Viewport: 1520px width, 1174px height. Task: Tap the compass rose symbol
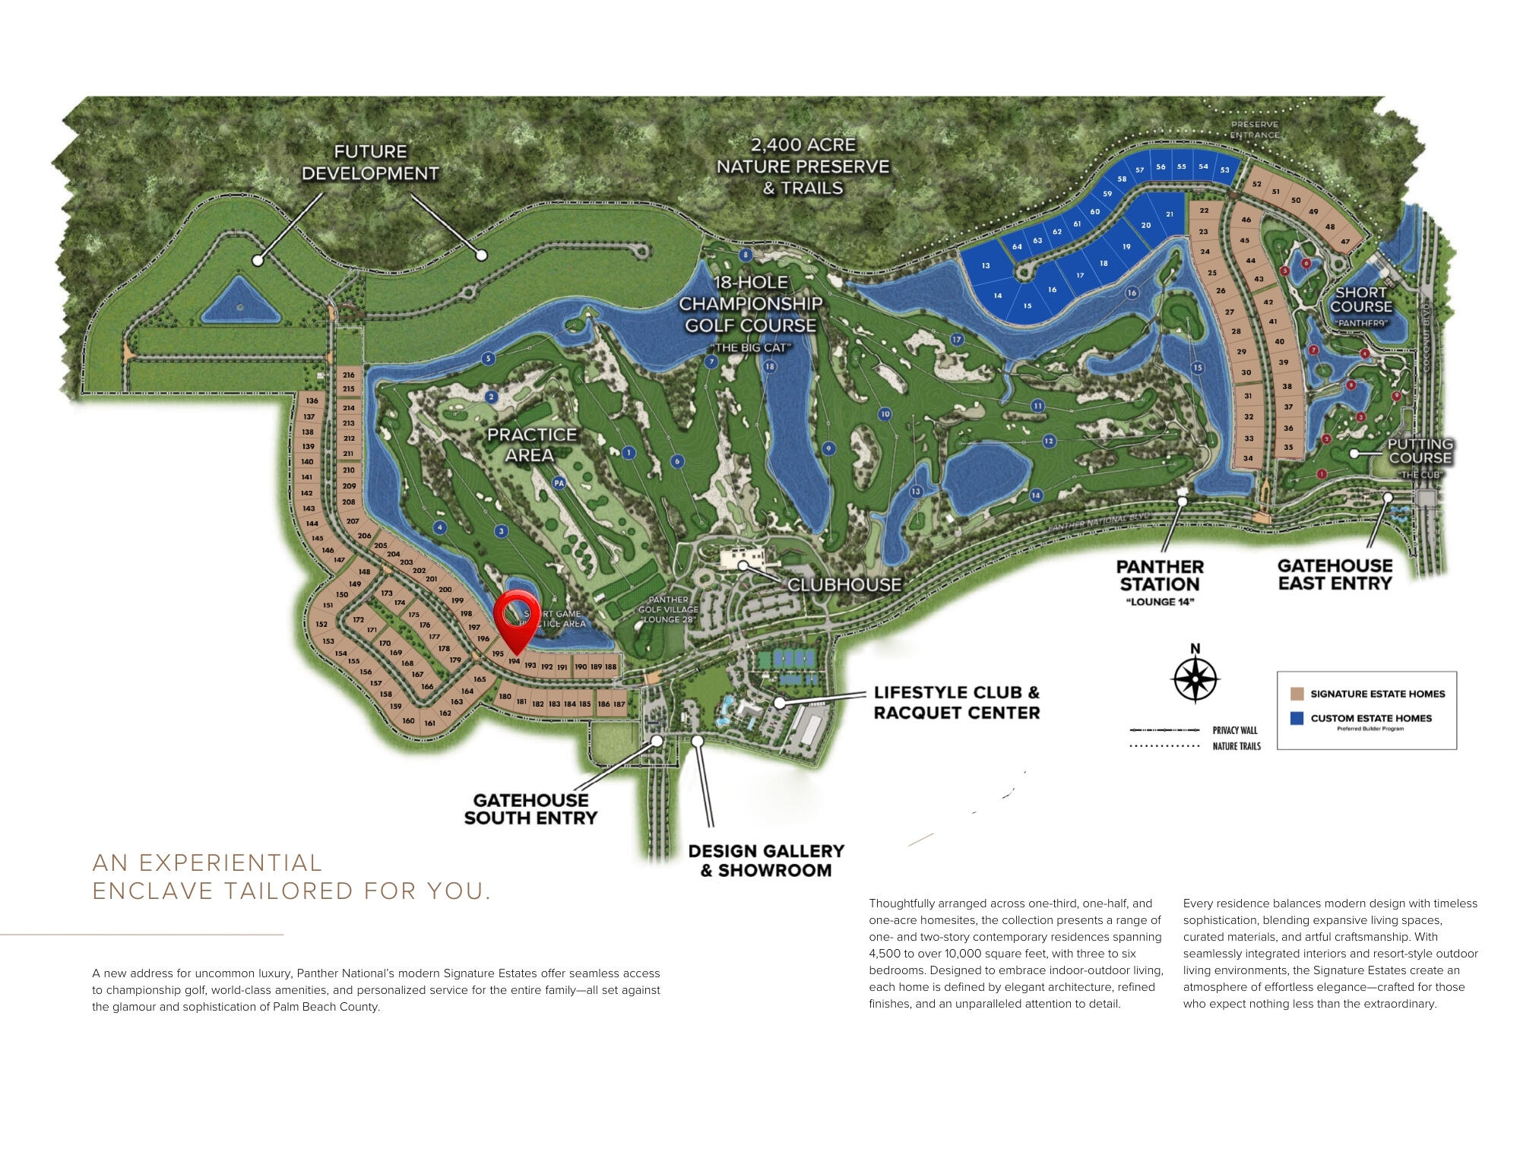[1195, 676]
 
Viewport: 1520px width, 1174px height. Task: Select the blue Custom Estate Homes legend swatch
[1297, 717]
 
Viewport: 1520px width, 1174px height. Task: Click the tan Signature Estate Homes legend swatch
[1297, 694]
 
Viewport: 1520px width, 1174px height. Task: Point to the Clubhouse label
[844, 584]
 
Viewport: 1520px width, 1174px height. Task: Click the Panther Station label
[1160, 576]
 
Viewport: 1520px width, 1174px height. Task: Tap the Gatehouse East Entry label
[1335, 574]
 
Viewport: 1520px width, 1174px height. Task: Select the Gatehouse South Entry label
[530, 809]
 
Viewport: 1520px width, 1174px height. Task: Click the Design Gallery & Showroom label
[766, 860]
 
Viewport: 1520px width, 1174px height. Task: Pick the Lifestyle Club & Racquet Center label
[956, 702]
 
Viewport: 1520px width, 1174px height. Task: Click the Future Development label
[370, 163]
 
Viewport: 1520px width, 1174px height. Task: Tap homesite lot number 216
[349, 375]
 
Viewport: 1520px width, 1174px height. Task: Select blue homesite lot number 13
[986, 266]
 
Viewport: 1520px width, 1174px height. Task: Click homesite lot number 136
[312, 400]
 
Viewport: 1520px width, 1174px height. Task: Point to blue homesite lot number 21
[1170, 214]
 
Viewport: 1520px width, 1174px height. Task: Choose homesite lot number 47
[1345, 242]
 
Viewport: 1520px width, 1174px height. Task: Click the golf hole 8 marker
[746, 255]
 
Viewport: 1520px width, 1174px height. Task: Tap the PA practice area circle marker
[559, 483]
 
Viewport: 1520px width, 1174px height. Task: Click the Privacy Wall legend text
[1235, 730]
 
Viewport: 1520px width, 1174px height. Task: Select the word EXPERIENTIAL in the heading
[230, 863]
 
